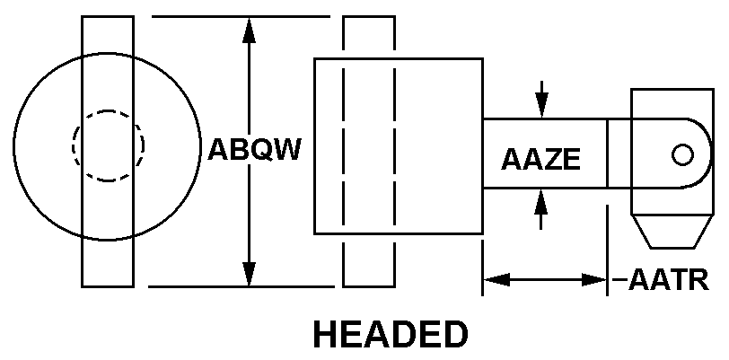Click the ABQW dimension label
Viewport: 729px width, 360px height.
254,149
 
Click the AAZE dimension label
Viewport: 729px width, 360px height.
540,160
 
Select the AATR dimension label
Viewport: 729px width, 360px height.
669,280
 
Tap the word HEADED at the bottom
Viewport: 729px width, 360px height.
391,334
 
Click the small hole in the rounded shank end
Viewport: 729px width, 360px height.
682,155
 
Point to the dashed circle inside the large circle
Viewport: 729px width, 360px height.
108,145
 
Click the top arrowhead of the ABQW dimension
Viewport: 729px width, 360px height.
250,31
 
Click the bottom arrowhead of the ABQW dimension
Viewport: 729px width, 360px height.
250,274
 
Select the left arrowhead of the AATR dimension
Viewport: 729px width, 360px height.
497,280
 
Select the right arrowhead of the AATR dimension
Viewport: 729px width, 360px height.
594,280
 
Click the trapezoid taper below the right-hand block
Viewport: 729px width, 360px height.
672,232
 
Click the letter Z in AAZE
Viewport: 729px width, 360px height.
552,160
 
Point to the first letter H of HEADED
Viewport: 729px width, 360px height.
325,334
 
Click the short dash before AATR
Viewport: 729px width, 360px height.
619,280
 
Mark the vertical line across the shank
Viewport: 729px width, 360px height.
607,154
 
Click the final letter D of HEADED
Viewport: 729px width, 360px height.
456,334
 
